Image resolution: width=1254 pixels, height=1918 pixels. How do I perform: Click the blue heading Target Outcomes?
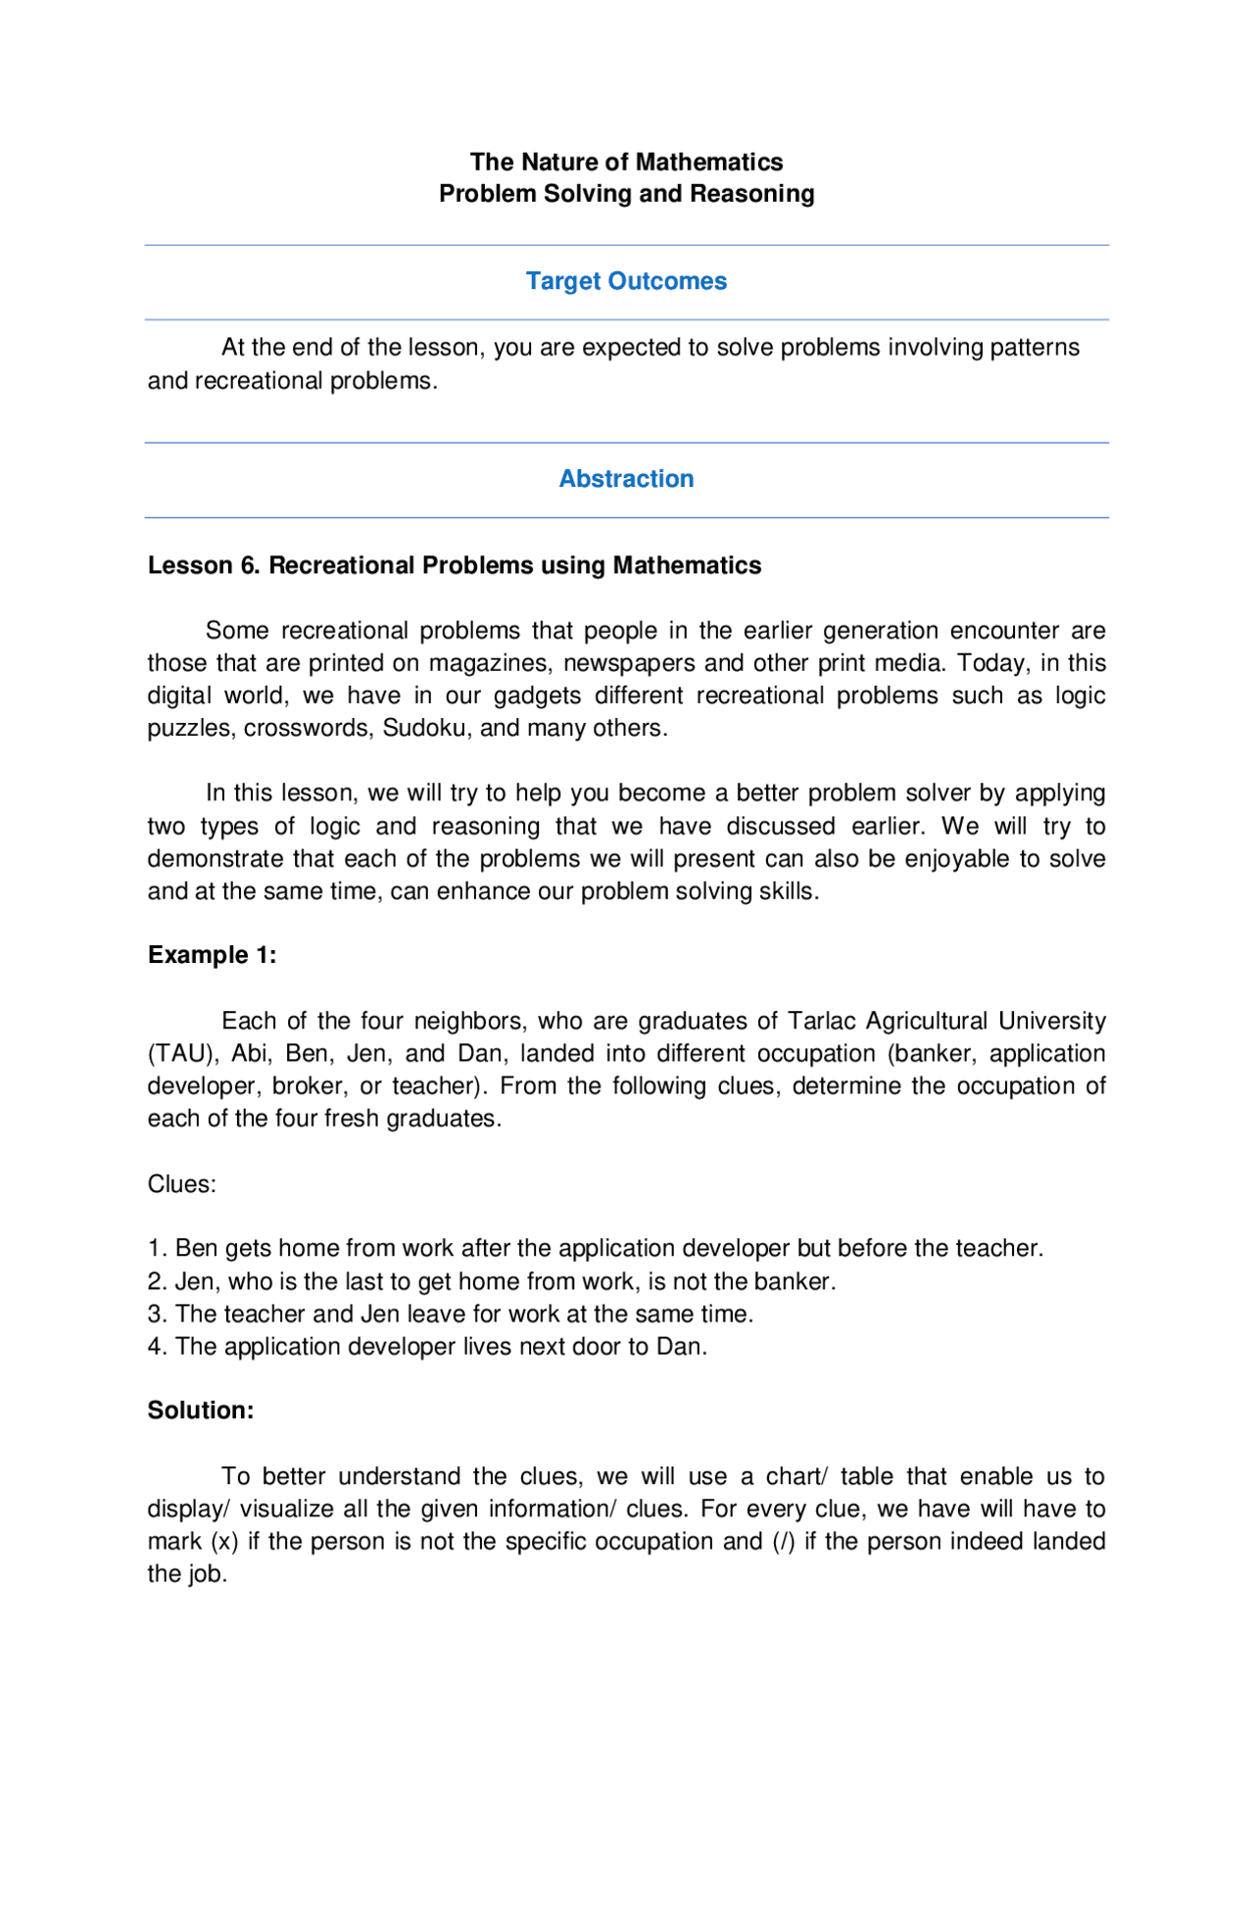pyautogui.click(x=626, y=281)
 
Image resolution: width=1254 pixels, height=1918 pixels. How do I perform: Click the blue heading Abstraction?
pyautogui.click(x=626, y=479)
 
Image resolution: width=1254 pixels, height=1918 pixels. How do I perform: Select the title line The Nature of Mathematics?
pyautogui.click(x=626, y=162)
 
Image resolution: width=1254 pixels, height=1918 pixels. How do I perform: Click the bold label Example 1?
pyautogui.click(x=212, y=955)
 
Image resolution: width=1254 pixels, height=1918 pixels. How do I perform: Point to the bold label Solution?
pyautogui.click(x=200, y=1411)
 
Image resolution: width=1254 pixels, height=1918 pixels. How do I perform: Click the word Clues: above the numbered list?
pyautogui.click(x=181, y=1184)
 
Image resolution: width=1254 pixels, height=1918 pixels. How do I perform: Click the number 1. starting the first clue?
pyautogui.click(x=158, y=1249)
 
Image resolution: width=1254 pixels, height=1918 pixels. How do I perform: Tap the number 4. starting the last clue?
pyautogui.click(x=158, y=1347)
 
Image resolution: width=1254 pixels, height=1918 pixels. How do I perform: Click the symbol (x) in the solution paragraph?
pyautogui.click(x=224, y=1542)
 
